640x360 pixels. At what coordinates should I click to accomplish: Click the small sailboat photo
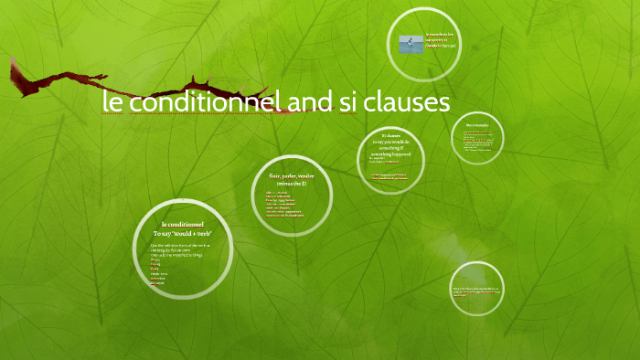(x=411, y=44)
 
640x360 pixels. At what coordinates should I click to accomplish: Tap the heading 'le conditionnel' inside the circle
(x=183, y=225)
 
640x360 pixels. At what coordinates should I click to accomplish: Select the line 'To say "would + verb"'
(x=183, y=235)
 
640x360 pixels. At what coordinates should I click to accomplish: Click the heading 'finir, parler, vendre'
(x=290, y=175)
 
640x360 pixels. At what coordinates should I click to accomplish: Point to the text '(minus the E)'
(x=290, y=184)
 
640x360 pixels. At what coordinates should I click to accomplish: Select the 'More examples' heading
(x=477, y=124)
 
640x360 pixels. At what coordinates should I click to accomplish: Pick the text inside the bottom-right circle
(x=477, y=291)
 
